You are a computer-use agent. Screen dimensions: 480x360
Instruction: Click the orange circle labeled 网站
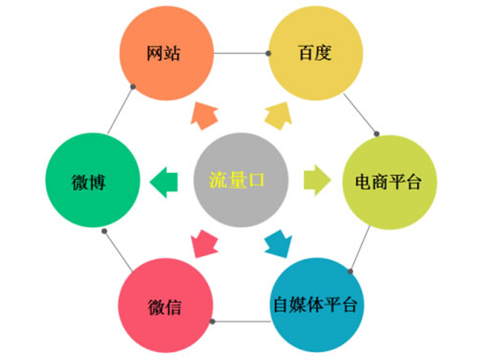tap(167, 53)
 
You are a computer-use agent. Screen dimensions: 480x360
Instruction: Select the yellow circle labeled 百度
tap(316, 53)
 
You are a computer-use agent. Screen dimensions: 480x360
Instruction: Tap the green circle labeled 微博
tap(93, 180)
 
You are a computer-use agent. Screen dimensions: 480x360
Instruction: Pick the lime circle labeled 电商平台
tap(389, 182)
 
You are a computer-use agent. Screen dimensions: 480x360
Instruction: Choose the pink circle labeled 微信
tap(166, 305)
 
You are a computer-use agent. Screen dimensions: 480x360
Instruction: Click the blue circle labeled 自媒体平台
tap(317, 305)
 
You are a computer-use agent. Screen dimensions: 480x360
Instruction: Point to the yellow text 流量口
tap(236, 180)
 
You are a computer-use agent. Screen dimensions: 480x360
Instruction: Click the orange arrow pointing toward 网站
tap(204, 116)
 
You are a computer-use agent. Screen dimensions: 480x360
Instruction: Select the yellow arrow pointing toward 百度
tap(278, 116)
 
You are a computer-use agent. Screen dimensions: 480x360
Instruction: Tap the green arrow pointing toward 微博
tap(164, 182)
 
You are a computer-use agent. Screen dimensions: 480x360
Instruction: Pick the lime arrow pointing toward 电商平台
tap(317, 180)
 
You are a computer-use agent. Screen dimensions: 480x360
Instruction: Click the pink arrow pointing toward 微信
tap(204, 244)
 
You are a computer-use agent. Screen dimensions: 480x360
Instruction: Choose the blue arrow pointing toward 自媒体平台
tap(278, 244)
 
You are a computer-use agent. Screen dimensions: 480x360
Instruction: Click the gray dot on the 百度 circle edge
tap(268, 53)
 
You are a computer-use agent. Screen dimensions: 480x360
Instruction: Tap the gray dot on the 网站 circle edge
tap(133, 87)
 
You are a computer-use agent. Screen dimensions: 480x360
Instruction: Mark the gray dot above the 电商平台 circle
tap(377, 134)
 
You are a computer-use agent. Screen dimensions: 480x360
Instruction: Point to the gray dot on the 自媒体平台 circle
tap(350, 272)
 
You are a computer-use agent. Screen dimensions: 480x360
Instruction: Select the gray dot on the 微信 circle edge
tap(212, 322)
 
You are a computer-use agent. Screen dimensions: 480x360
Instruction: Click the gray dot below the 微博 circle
tap(104, 231)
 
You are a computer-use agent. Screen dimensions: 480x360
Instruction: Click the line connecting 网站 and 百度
tap(241, 53)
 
